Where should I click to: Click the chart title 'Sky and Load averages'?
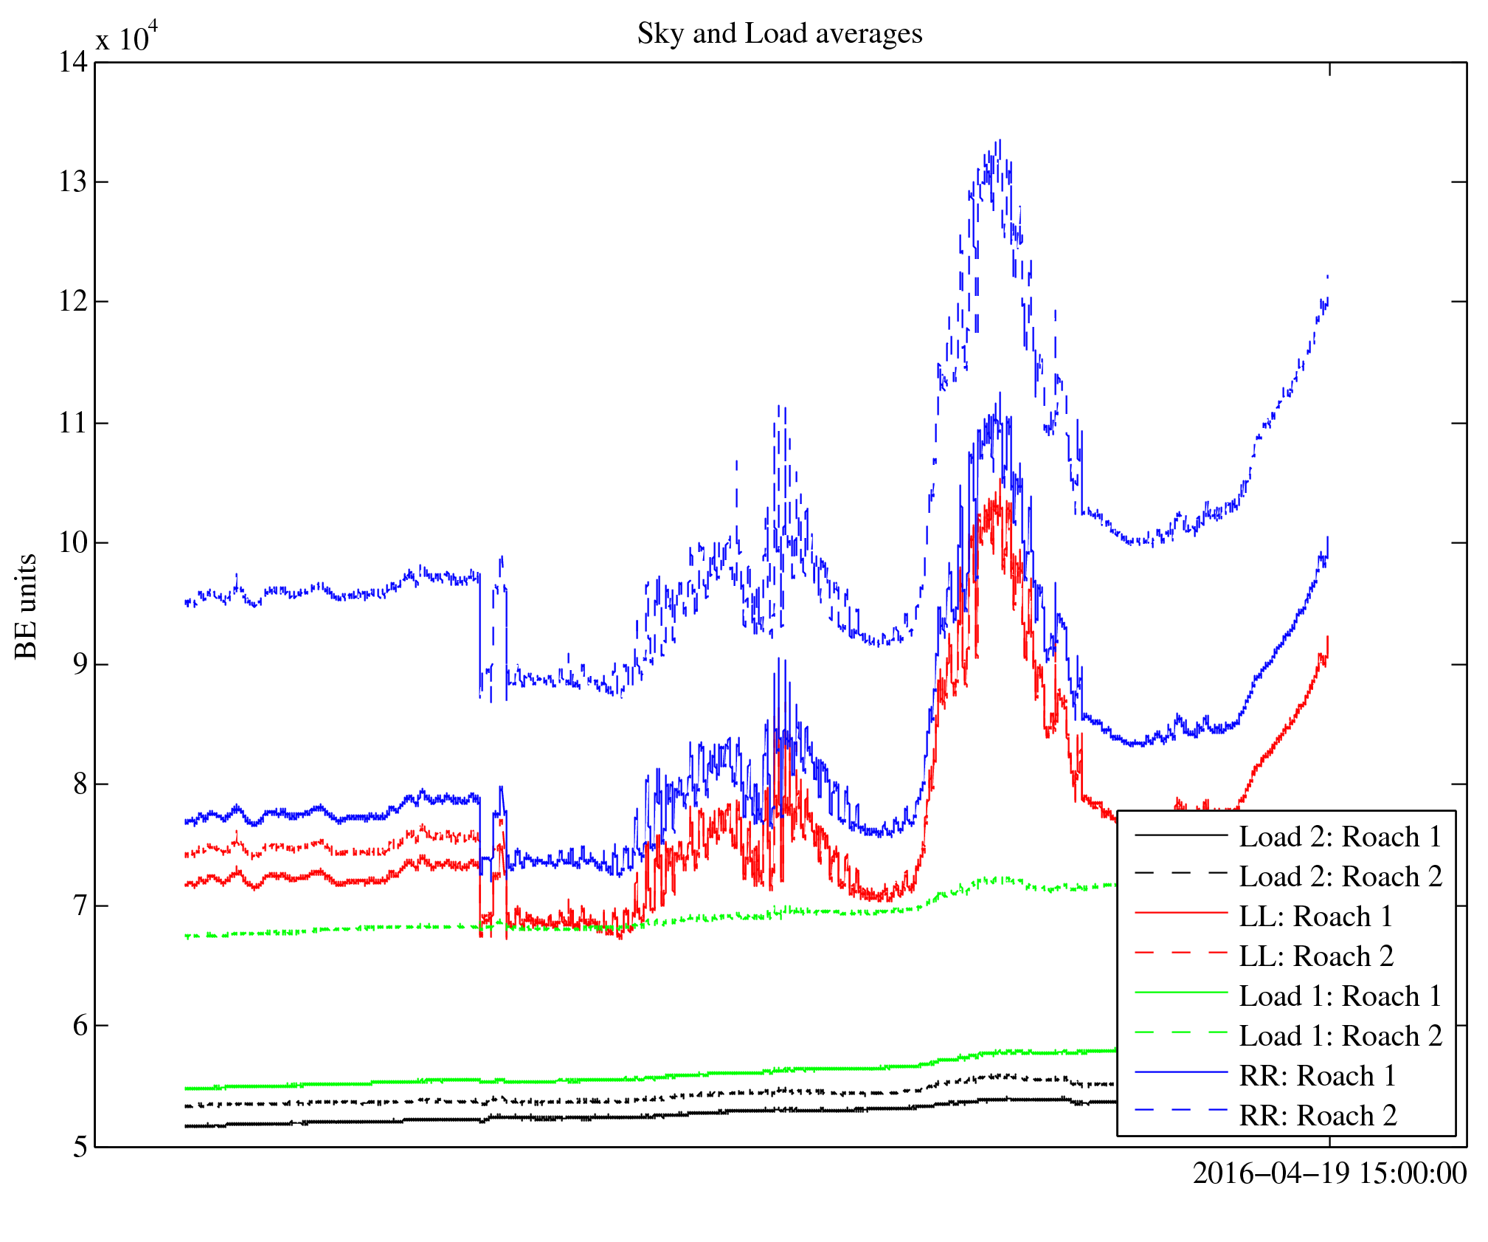(780, 34)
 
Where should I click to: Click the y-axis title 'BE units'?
(26, 606)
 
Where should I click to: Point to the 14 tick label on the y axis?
(73, 62)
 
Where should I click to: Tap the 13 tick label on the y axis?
(73, 182)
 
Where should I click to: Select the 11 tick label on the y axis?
(73, 423)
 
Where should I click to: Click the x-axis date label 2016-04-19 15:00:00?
(1329, 1173)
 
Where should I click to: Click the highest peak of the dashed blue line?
(999, 140)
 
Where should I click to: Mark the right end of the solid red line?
(1327, 637)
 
